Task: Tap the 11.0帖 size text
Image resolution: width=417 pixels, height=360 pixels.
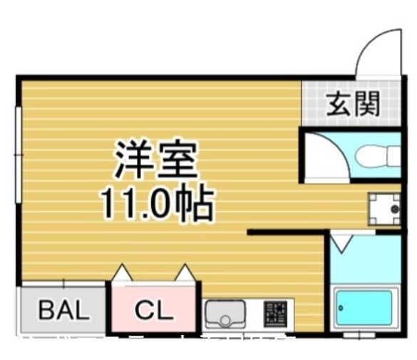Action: [155, 202]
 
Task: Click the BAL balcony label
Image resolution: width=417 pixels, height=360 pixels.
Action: [63, 310]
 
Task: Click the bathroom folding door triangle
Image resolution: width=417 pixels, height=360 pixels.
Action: [340, 244]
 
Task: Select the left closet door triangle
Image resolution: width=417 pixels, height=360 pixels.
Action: [121, 272]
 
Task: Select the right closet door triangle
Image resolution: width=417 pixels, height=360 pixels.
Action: [185, 272]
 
